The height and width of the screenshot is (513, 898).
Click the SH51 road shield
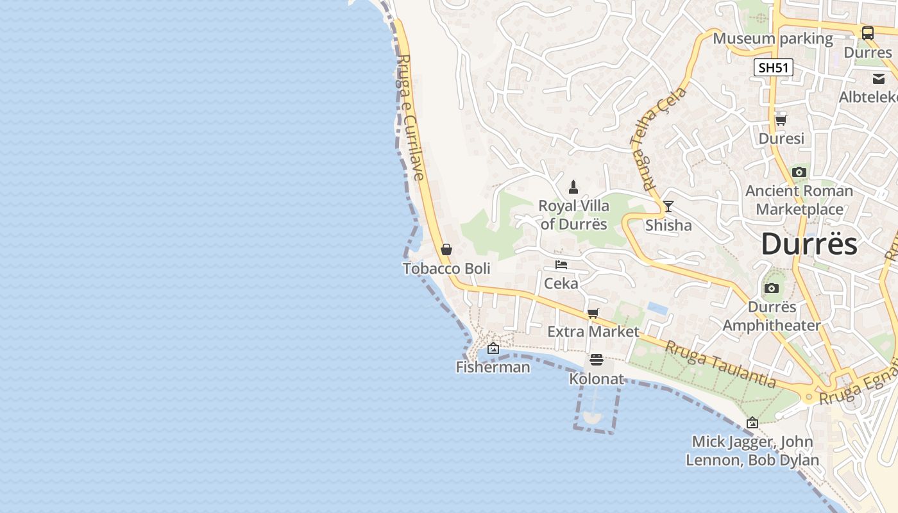773,67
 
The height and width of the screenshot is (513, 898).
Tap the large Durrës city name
809,244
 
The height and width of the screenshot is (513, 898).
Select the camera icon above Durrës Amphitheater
772,289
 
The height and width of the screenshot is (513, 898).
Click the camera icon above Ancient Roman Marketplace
799,172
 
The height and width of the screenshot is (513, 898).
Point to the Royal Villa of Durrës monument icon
573,187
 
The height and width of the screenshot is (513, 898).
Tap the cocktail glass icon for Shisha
668,206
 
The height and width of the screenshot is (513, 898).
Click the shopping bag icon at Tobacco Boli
446,249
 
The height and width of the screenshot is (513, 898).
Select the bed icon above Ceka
561,264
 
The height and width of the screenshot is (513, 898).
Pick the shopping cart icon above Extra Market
593,313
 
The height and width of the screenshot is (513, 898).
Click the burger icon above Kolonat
597,360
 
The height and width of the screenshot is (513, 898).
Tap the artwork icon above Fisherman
493,348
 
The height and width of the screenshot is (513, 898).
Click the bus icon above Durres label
867,33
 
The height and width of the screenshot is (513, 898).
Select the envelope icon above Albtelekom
878,78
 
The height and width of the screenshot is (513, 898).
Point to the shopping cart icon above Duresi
781,119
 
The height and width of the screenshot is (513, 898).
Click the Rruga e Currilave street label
411,117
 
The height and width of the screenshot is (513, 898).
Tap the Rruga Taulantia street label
720,364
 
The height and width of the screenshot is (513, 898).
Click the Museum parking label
773,38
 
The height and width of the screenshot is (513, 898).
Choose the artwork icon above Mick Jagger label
752,423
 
